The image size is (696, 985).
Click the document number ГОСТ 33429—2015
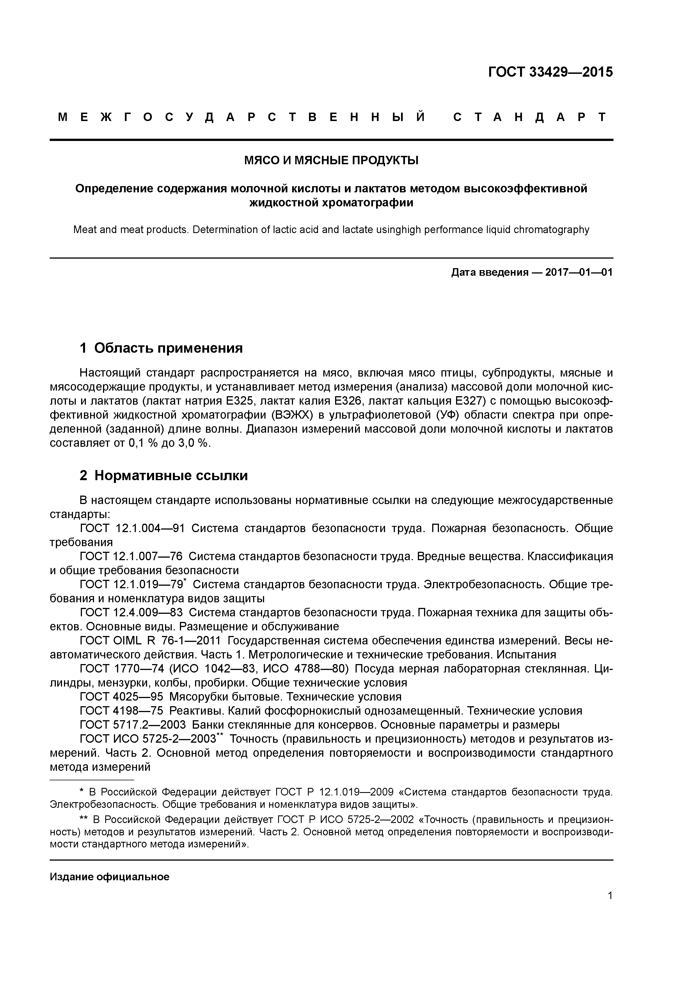tap(551, 72)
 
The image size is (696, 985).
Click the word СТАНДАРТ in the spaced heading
tap(530, 117)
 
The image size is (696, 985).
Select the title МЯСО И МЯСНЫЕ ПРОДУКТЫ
tap(331, 160)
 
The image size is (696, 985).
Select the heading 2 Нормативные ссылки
tap(164, 476)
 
